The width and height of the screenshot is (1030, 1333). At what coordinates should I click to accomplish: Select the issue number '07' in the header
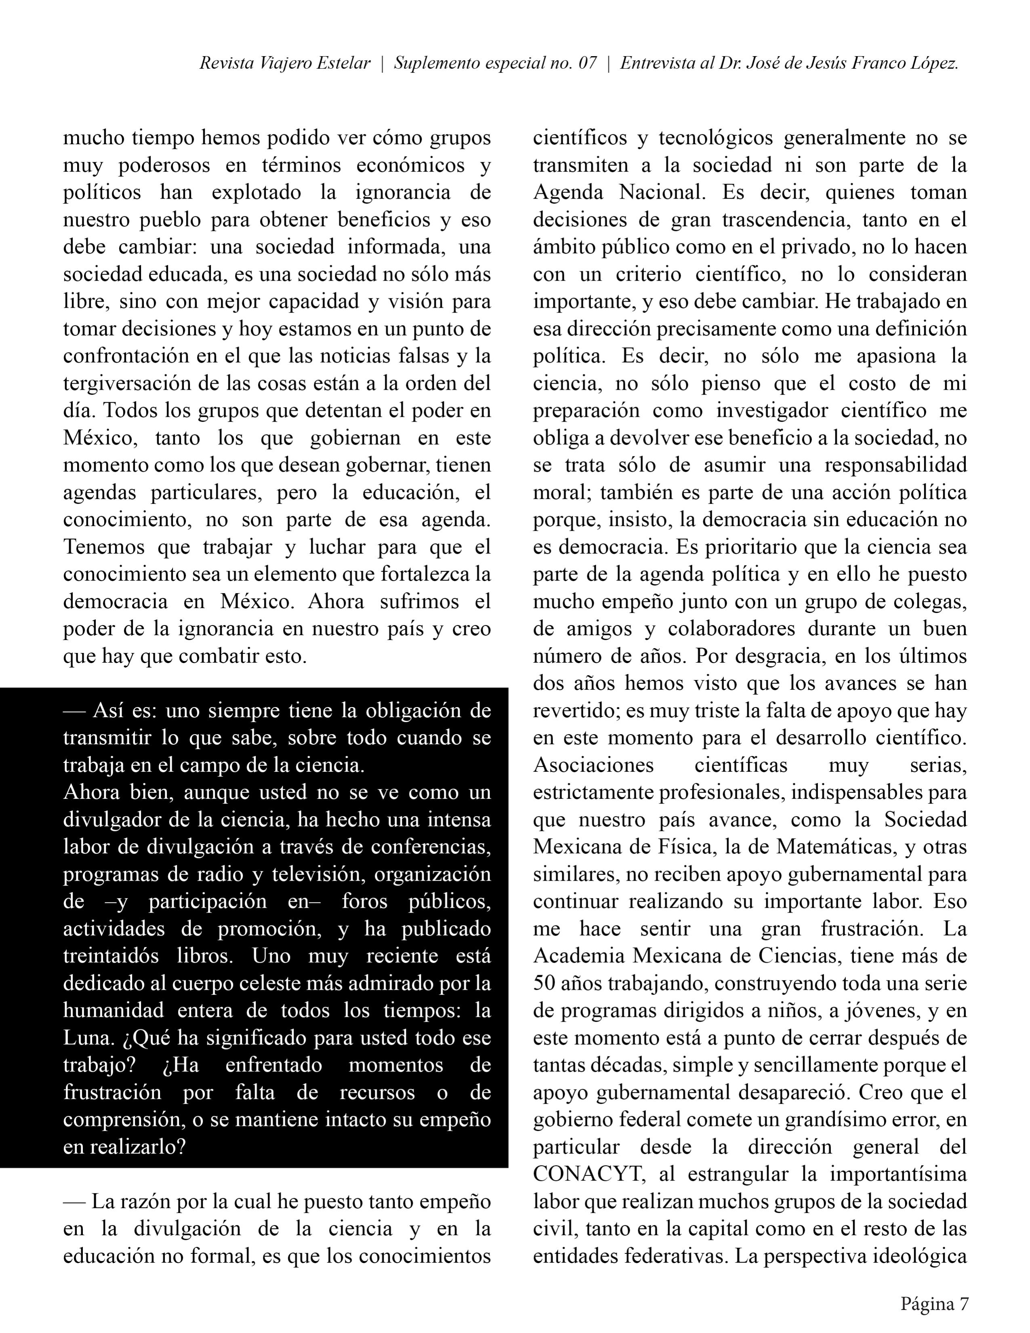(587, 63)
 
